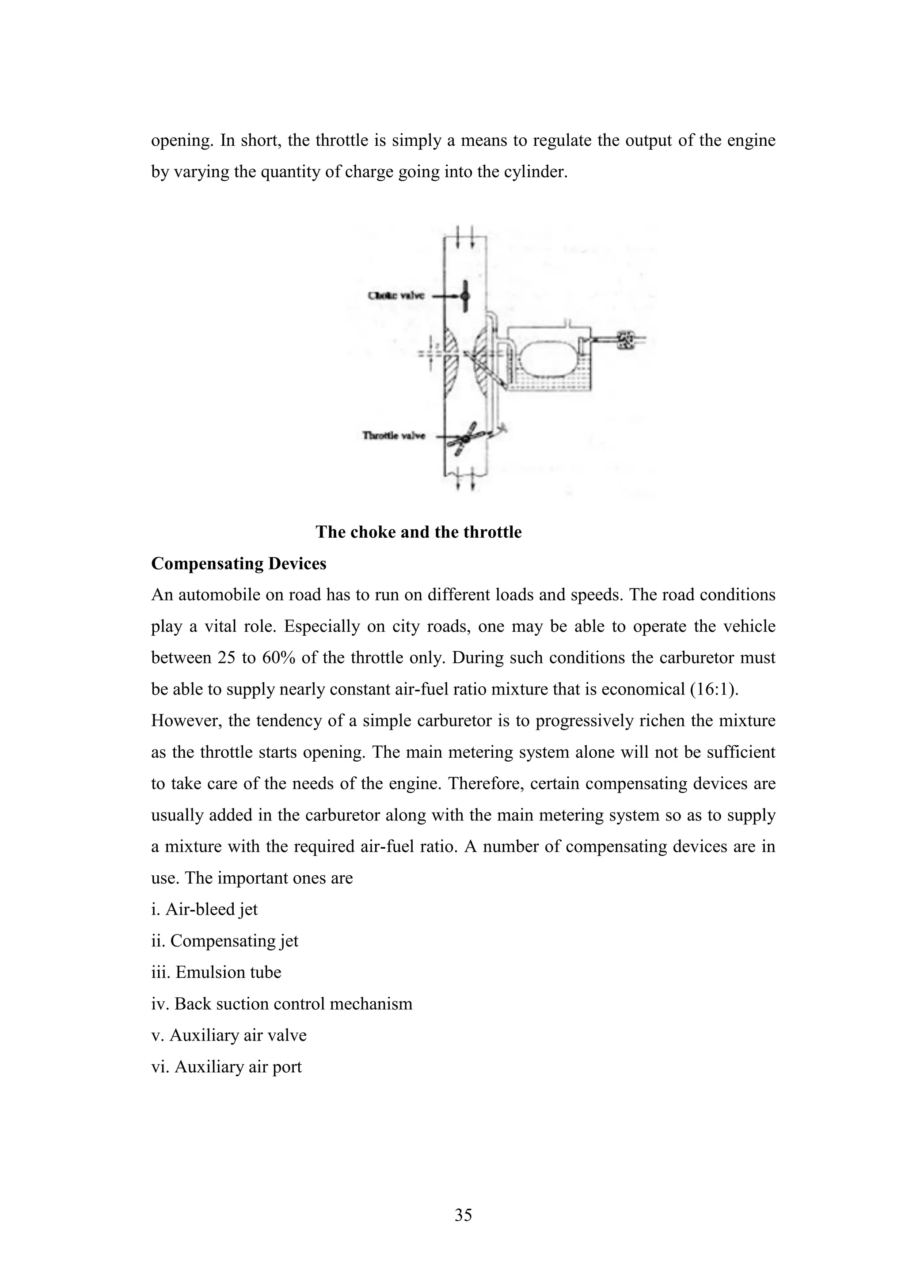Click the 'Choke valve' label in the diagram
tap(396, 296)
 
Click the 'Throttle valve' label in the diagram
tap(394, 435)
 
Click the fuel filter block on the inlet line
tap(626, 339)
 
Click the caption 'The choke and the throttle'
tap(418, 532)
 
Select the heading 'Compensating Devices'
tap(239, 564)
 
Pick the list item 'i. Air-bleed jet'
tap(205, 909)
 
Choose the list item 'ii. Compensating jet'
tap(225, 941)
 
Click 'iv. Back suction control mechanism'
tap(281, 1003)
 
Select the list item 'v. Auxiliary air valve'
tap(228, 1035)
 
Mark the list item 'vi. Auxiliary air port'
tap(226, 1067)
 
